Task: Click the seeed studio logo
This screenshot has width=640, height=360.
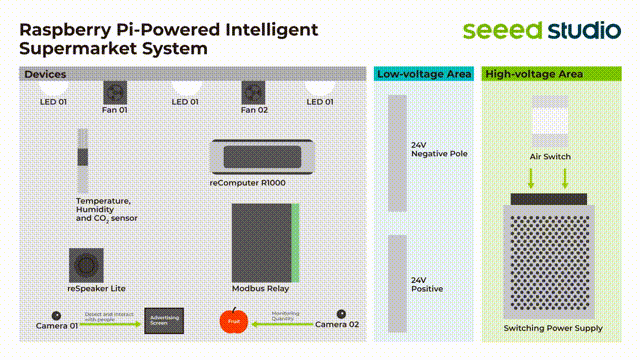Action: (540, 30)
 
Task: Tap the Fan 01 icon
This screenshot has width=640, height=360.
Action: (114, 91)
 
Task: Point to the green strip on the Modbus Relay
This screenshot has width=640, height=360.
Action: (295, 243)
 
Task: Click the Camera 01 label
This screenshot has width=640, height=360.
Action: (57, 326)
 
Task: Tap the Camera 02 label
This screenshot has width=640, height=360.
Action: (337, 325)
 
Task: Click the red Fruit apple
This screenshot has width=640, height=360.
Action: (233, 321)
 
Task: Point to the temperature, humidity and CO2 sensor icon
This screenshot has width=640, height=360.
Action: (83, 161)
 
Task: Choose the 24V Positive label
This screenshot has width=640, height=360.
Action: (427, 285)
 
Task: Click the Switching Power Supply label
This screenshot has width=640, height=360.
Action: (553, 328)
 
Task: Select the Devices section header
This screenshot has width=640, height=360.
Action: (45, 75)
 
